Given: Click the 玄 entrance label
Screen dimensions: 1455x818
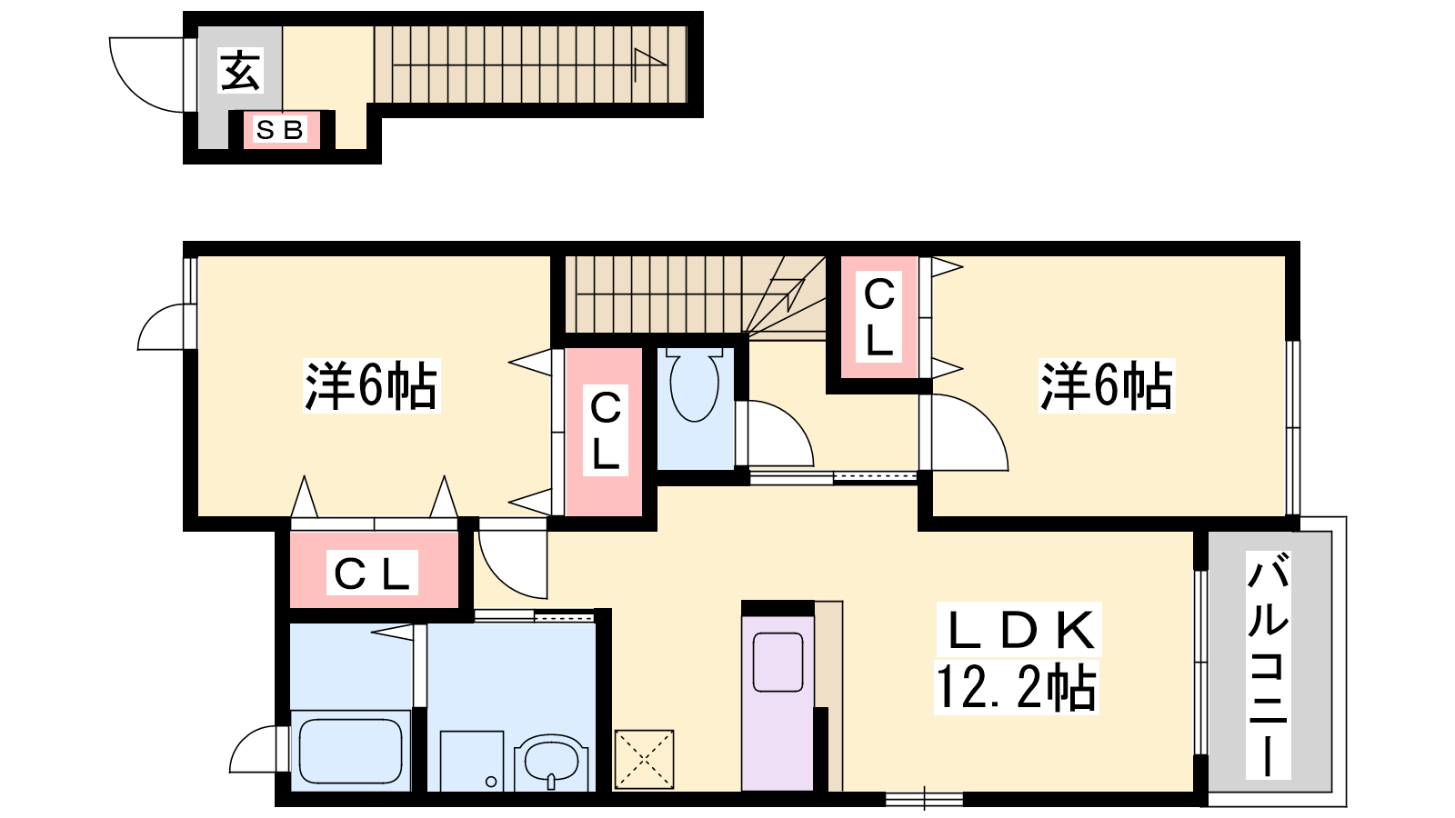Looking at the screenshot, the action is (x=241, y=71).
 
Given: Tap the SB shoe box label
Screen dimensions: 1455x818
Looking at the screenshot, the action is (x=280, y=130).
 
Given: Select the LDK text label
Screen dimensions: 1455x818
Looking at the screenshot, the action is (x=1019, y=629).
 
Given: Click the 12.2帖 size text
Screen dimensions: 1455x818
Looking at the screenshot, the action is (x=1016, y=687).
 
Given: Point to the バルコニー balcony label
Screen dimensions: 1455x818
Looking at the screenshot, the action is (x=1268, y=664).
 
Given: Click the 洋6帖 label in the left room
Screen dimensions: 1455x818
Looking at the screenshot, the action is (x=372, y=385).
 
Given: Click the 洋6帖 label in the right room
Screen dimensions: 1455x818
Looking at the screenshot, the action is (x=1107, y=385).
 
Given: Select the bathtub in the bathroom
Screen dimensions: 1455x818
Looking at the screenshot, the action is (x=351, y=751).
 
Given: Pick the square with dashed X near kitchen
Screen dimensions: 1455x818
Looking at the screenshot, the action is (x=645, y=760).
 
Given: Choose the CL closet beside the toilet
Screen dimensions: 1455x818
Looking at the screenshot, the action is (x=604, y=432).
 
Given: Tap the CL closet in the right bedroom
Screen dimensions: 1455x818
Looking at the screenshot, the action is (x=879, y=317).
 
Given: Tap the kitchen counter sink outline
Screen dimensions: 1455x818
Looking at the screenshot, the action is (x=778, y=663).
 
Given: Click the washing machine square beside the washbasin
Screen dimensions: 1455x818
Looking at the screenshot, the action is (x=472, y=761).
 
